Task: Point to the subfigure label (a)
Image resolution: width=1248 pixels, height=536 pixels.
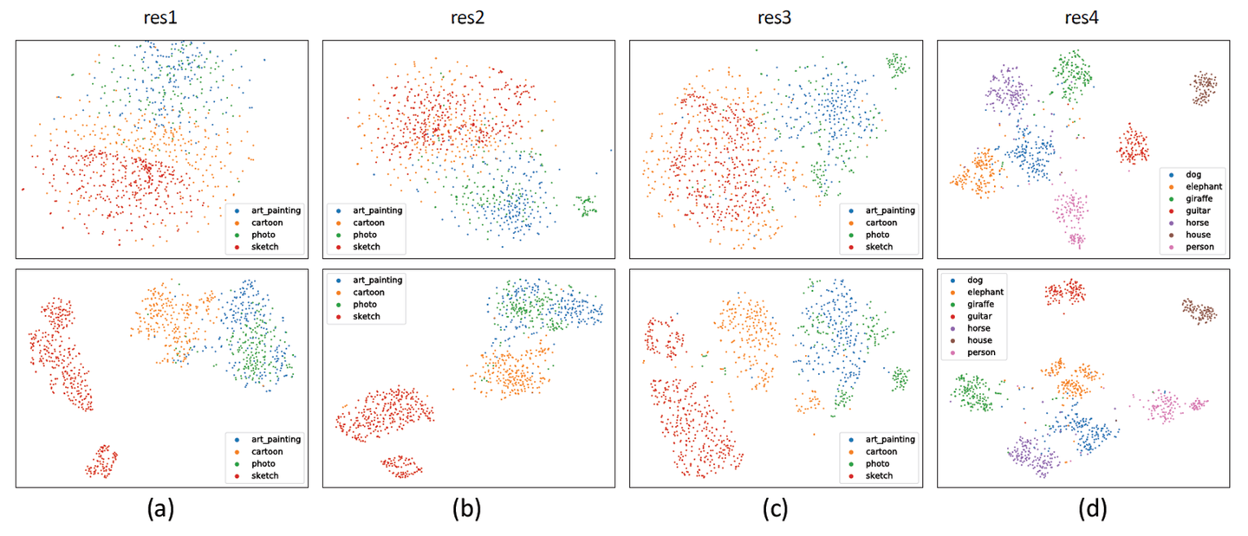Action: pyautogui.click(x=162, y=510)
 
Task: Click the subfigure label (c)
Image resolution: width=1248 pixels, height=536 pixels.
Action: pyautogui.click(x=774, y=510)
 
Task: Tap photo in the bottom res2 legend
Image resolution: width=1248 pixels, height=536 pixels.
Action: pyautogui.click(x=367, y=305)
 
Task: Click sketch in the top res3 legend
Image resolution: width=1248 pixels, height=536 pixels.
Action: pyautogui.click(x=878, y=248)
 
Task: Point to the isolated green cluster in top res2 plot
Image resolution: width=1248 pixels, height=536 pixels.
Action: pyautogui.click(x=586, y=205)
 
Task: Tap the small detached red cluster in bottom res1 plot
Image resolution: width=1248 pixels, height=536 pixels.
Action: pyautogui.click(x=101, y=461)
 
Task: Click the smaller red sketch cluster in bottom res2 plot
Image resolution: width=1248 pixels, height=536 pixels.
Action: pyautogui.click(x=401, y=467)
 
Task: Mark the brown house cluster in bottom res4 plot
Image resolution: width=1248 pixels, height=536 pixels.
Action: pyautogui.click(x=1199, y=311)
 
